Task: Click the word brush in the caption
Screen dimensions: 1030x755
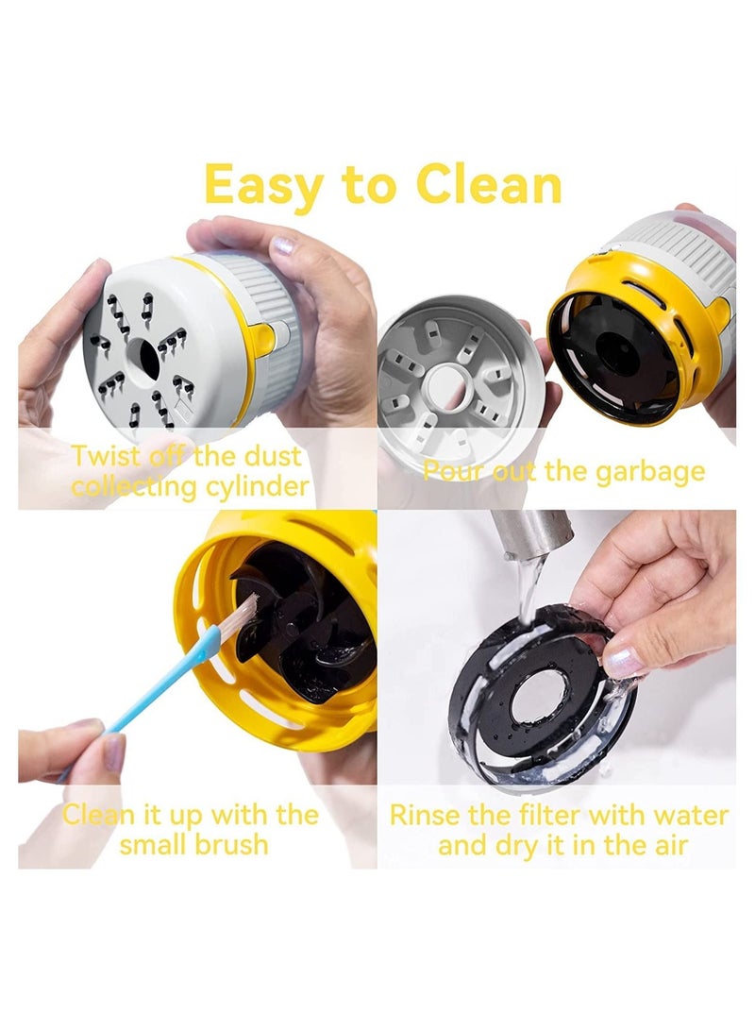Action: (x=226, y=843)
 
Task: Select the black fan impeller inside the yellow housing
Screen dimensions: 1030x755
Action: (x=302, y=623)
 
